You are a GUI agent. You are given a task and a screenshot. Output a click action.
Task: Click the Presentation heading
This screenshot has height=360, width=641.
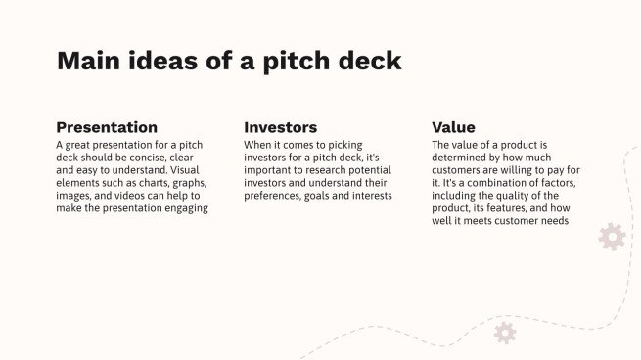[106, 127]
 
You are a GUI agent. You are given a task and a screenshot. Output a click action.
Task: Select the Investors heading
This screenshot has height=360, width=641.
[280, 127]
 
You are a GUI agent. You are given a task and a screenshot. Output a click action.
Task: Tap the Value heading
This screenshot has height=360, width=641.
[453, 127]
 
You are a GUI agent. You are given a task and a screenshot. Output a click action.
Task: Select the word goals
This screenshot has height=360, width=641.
[320, 196]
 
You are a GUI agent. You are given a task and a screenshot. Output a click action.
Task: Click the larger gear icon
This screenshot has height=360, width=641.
[612, 237]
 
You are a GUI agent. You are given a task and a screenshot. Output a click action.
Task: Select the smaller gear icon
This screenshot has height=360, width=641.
[505, 333]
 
